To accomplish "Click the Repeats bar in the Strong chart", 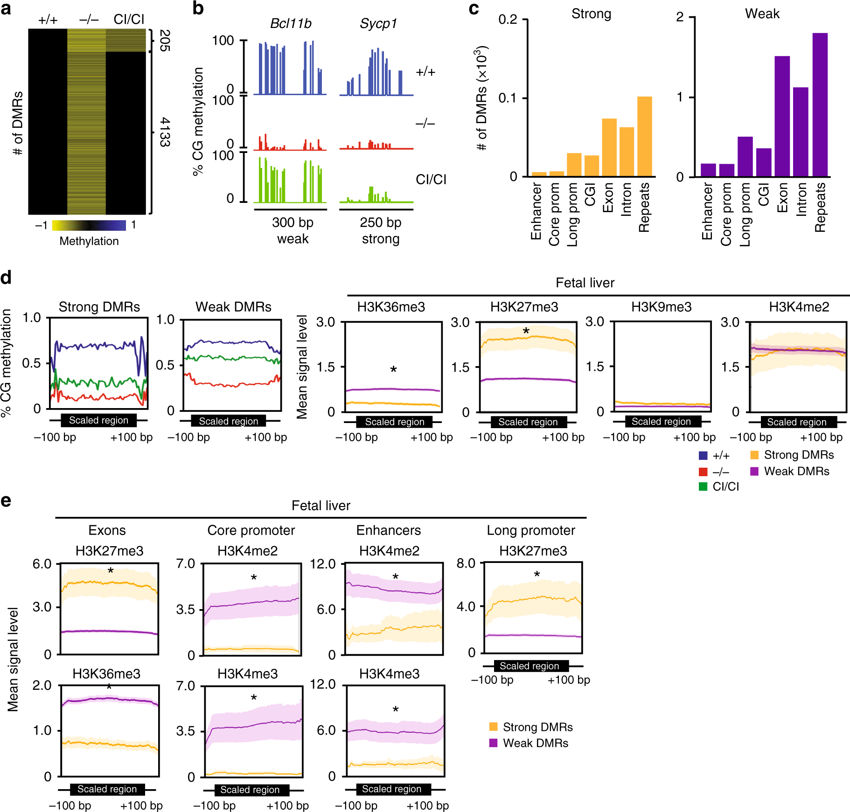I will [x=644, y=136].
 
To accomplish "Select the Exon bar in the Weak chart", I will [x=782, y=116].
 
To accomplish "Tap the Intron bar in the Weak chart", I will [x=801, y=132].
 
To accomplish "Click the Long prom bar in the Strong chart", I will [x=574, y=165].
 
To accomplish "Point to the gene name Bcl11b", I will [x=291, y=24].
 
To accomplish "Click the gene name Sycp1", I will [x=378, y=24].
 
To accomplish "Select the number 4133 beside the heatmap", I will [x=165, y=132].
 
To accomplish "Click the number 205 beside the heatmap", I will [x=165, y=41].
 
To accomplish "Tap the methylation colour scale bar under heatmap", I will [x=89, y=225].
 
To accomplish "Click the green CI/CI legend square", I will [x=703, y=486].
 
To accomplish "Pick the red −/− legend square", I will [x=703, y=472].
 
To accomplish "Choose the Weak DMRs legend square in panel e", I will [x=493, y=743].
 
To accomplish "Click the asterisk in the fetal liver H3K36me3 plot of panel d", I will [x=393, y=369].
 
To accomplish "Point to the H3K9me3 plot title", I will [x=661, y=307].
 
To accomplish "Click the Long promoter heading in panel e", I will [x=530, y=530].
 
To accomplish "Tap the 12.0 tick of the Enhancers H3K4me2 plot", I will [x=323, y=564].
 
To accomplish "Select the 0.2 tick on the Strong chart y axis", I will [x=508, y=20].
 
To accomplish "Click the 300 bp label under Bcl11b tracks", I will [x=293, y=222].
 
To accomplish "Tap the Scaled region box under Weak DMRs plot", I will [x=229, y=421].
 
